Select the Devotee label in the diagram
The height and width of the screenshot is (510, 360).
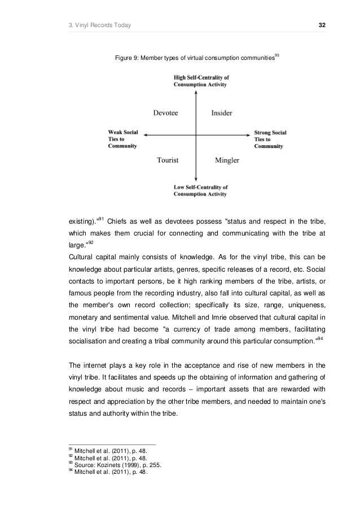(166, 112)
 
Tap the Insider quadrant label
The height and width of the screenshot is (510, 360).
(221, 112)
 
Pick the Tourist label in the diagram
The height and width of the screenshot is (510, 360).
(168, 160)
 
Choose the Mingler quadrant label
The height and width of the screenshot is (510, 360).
(227, 160)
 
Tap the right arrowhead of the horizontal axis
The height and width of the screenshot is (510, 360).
(248, 134)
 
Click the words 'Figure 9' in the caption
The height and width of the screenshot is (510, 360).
(127, 58)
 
